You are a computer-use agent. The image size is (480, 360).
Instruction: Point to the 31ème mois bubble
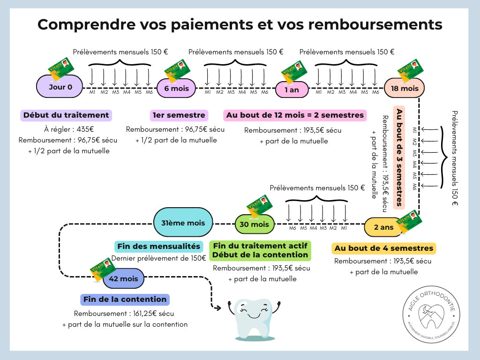point(183,223)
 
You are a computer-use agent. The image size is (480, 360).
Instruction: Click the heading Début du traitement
point(66,115)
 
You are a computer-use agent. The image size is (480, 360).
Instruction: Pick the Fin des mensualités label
point(159,246)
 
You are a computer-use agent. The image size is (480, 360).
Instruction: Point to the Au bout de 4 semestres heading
point(383,248)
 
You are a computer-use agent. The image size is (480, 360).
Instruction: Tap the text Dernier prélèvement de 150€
point(159,258)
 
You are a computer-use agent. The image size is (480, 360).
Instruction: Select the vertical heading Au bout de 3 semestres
point(399,157)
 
